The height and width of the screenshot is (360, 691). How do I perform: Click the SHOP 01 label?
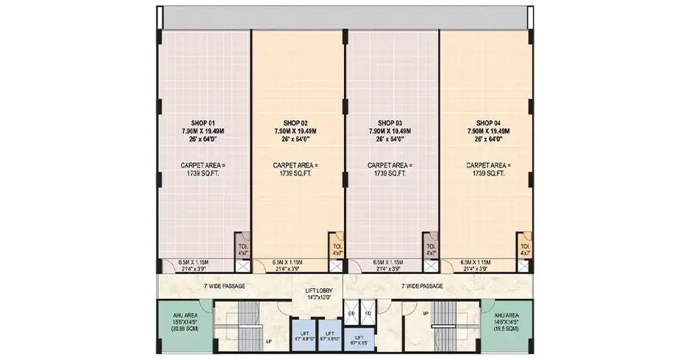[202, 123]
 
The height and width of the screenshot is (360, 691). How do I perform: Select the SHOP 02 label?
[295, 123]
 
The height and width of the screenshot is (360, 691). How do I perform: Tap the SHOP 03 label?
[390, 123]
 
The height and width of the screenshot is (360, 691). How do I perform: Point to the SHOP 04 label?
[488, 123]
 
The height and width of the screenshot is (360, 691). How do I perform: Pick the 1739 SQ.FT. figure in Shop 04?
[488, 174]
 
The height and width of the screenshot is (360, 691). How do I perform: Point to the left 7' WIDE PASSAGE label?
[224, 286]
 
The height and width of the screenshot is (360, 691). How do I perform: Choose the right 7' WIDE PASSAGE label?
[422, 286]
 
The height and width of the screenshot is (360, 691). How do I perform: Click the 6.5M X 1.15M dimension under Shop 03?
[390, 262]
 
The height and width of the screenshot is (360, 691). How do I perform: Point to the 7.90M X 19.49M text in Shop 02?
[295, 131]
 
